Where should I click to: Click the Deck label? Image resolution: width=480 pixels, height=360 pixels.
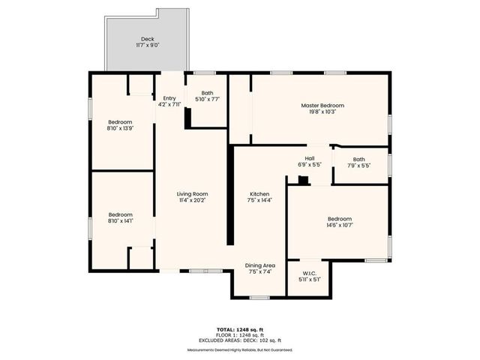tap(147, 40)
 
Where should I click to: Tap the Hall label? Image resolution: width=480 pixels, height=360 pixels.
tap(309, 158)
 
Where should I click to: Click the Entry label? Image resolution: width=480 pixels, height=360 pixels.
tap(169, 98)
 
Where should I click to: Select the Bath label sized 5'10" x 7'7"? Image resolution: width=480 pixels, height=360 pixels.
tap(207, 93)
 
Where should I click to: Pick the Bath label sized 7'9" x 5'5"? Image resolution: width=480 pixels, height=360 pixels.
tap(359, 159)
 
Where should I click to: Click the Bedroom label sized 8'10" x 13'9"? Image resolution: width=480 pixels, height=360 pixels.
tap(120, 122)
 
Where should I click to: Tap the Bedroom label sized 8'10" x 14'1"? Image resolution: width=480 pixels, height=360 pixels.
tap(120, 214)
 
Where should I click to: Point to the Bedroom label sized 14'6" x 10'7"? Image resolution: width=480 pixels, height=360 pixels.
tap(339, 219)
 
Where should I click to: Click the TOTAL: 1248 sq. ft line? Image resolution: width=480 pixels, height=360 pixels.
tap(240, 329)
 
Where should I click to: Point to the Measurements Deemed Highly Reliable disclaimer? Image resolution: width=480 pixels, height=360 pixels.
tap(240, 350)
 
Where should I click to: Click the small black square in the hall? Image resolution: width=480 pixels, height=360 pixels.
tap(302, 179)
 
